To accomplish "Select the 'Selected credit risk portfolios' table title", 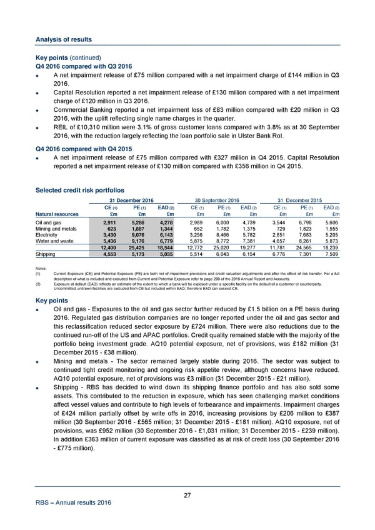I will pyautogui.click(x=81, y=189).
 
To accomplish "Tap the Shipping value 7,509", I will pyautogui.click(x=330, y=254).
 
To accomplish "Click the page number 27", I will pyautogui.click(x=187, y=496).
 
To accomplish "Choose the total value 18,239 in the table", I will pyautogui.click(x=329, y=247).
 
